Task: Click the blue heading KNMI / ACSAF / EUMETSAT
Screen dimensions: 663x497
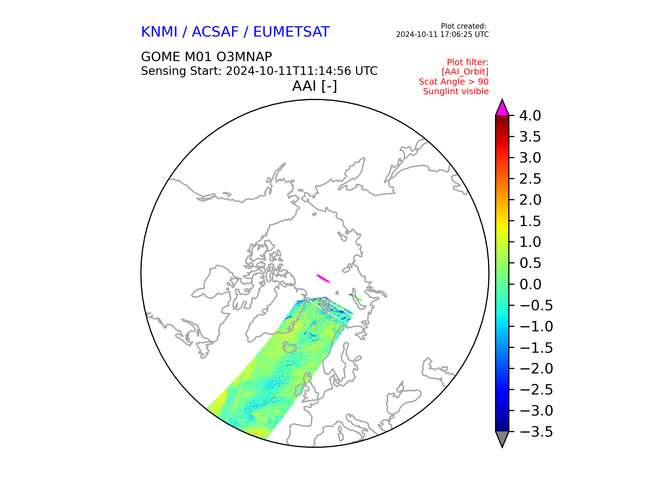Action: [x=235, y=32]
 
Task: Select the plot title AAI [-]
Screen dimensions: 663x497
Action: [x=315, y=86]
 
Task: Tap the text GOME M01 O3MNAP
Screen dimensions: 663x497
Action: [x=206, y=57]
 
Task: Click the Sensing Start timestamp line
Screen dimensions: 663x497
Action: [x=259, y=71]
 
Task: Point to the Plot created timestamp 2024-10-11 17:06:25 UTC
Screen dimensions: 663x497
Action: [x=442, y=35]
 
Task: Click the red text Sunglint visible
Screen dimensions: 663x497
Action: [x=456, y=91]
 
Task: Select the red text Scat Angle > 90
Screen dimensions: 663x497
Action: [x=454, y=82]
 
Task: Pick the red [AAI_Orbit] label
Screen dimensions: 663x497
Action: [x=465, y=72]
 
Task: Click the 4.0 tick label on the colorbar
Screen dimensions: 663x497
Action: [x=530, y=116]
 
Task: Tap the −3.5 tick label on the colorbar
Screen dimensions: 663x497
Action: [x=536, y=432]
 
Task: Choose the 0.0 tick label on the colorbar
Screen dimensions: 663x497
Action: [x=530, y=284]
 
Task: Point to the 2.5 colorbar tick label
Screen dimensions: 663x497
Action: [x=530, y=179]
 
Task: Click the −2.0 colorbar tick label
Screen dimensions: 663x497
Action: [x=536, y=369]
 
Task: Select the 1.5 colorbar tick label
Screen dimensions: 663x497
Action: [x=530, y=221]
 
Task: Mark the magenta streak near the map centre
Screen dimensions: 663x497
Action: [x=323, y=279]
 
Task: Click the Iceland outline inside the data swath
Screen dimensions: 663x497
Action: [x=289, y=347]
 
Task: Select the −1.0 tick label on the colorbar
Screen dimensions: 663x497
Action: [x=536, y=327]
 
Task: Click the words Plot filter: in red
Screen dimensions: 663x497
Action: [x=468, y=62]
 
